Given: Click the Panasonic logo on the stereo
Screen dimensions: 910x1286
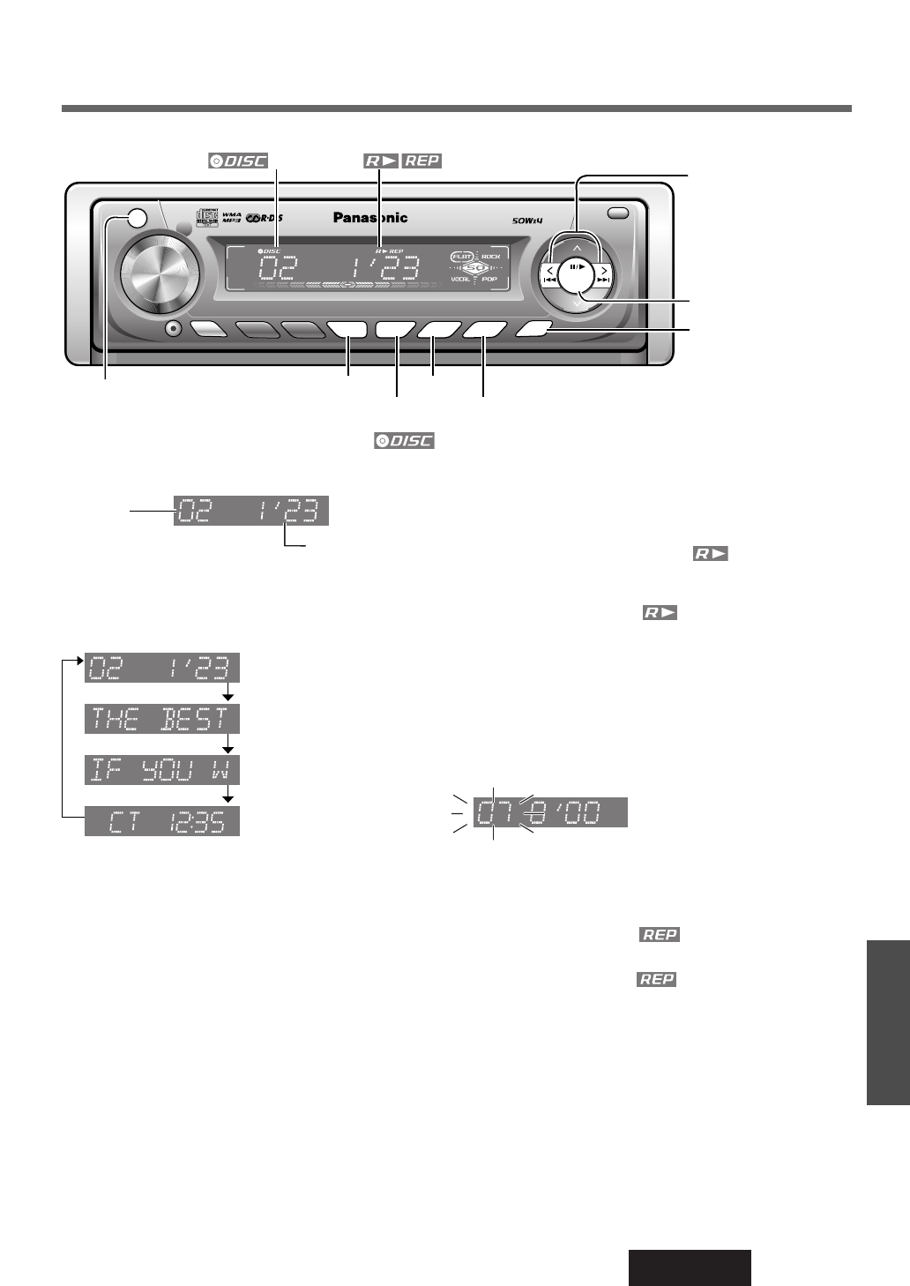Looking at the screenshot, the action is [370, 218].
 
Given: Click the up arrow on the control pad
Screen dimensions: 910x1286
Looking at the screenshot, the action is [578, 248].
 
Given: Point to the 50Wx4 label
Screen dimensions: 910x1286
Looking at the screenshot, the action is [530, 220].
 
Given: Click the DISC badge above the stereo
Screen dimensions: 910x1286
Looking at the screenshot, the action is [238, 161].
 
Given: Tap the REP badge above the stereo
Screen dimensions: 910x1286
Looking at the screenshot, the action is [421, 161].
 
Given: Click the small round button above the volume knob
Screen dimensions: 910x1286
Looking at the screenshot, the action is [136, 221].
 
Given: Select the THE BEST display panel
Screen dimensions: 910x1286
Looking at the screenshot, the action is [162, 719].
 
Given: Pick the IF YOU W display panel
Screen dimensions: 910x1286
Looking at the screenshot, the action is [162, 770].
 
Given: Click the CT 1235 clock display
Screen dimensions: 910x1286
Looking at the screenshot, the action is [162, 821].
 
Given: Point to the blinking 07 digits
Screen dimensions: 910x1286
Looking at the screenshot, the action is [490, 812].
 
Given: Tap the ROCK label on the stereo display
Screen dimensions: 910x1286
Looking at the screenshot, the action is [490, 257].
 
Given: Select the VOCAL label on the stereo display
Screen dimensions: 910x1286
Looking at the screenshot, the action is [460, 279].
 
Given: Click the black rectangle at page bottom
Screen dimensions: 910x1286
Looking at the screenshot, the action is [690, 1267].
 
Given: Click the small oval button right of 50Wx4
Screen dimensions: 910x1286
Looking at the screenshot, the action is [619, 213].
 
